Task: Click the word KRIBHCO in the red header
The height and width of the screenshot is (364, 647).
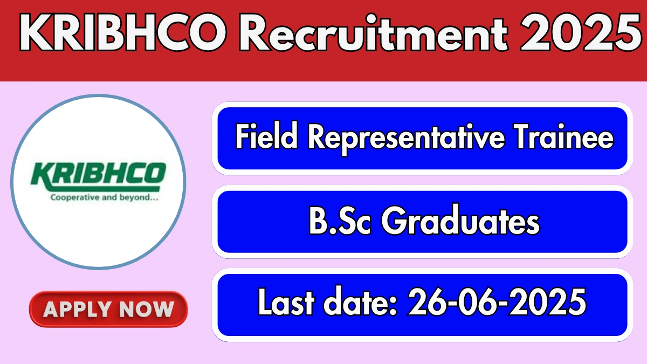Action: (123, 32)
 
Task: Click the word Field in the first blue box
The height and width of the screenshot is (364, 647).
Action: (266, 136)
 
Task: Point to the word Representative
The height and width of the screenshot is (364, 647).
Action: (407, 139)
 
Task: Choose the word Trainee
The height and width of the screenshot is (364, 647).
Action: (564, 136)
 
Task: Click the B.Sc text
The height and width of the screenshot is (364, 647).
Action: (340, 220)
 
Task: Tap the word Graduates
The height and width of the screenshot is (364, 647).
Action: (460, 220)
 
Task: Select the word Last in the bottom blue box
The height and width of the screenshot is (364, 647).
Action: (286, 301)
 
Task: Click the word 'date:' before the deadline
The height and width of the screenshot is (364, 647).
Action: (360, 301)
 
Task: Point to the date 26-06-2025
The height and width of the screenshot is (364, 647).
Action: (497, 302)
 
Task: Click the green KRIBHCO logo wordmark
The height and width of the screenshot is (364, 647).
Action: (98, 176)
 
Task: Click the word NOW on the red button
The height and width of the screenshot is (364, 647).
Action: (147, 309)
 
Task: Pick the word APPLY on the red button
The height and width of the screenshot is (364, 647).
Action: (78, 309)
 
